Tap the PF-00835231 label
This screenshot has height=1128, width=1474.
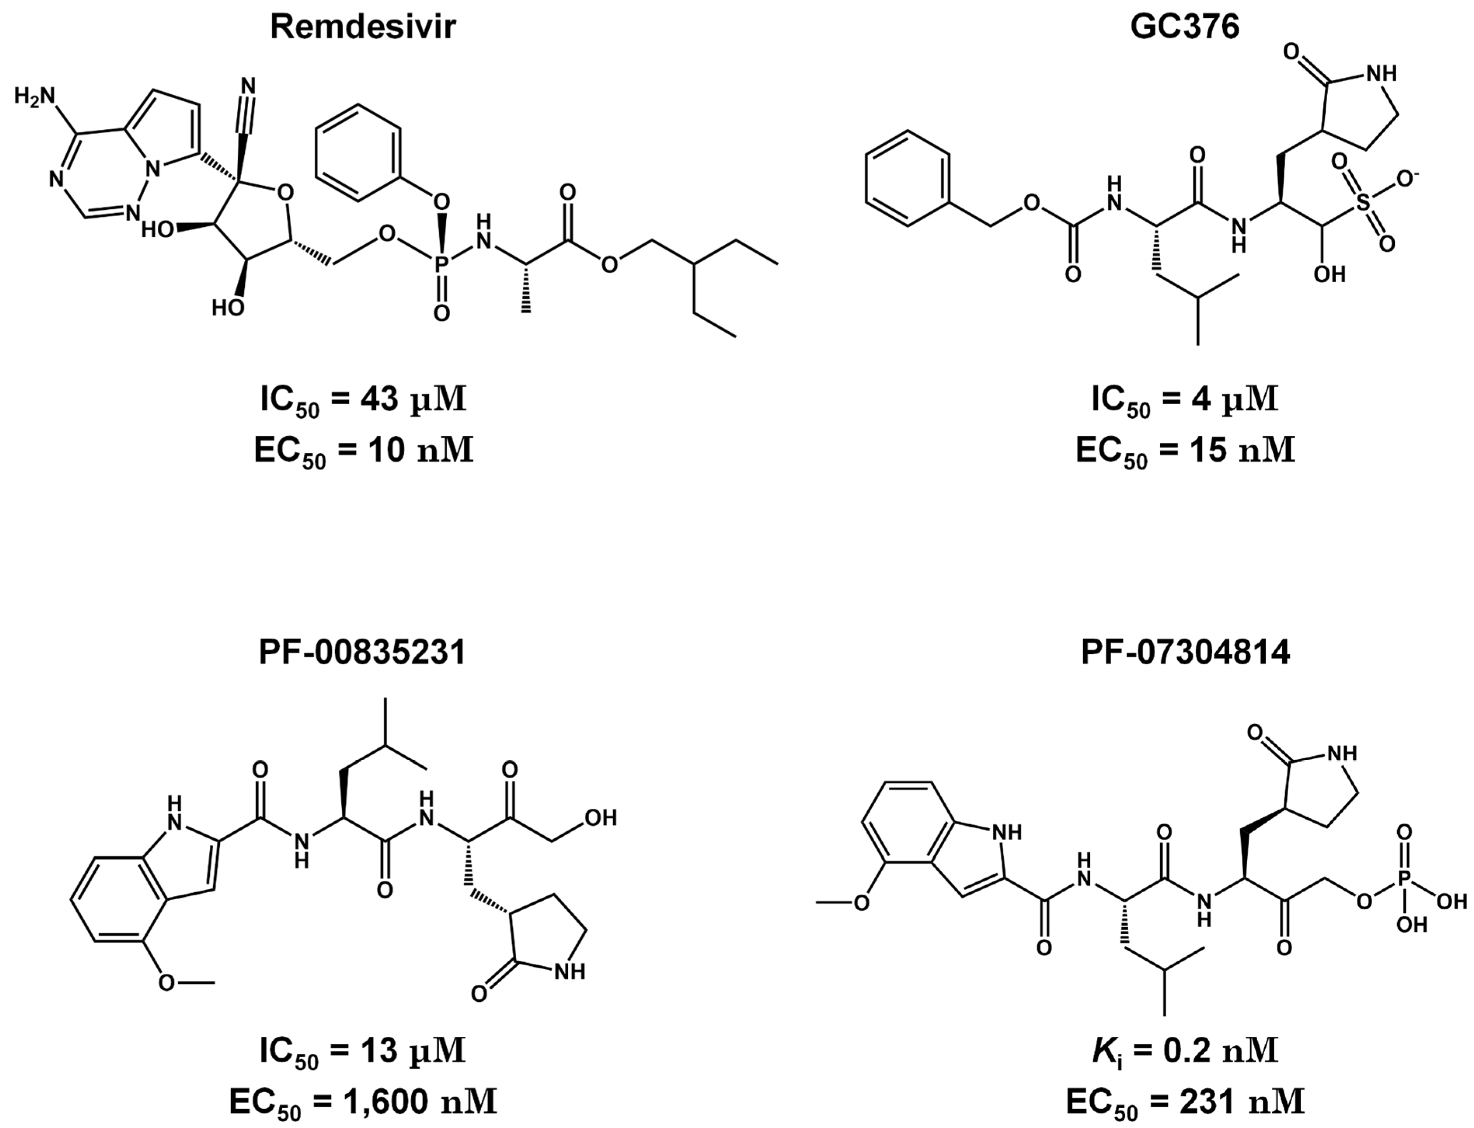[x=363, y=653]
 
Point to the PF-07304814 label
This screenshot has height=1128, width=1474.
[x=1185, y=653]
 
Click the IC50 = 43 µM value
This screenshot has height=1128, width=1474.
[x=363, y=401]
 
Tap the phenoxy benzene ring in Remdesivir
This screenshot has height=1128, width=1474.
[x=358, y=153]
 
